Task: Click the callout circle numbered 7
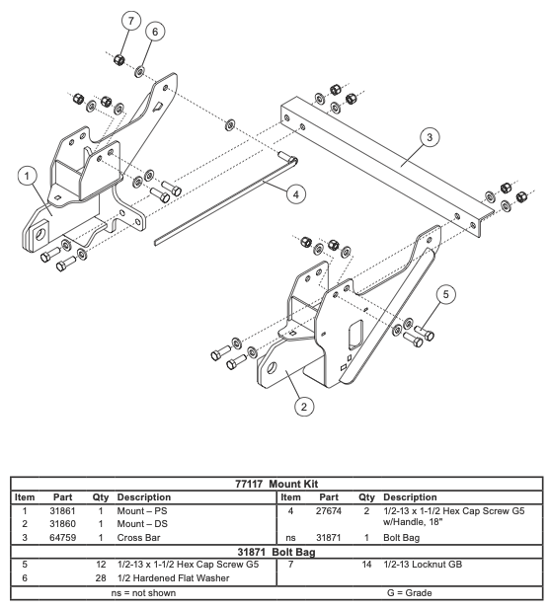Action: coord(130,21)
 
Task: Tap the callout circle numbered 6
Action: coord(155,32)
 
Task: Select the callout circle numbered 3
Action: coord(430,137)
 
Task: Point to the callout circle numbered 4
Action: coord(296,194)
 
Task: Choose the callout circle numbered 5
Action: coord(445,294)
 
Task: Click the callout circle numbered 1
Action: coord(27,177)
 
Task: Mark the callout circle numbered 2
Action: coord(303,407)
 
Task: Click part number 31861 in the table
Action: coord(62,510)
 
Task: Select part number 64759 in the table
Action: coord(62,538)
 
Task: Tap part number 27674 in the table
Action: coord(329,510)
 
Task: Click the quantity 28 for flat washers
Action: coord(101,578)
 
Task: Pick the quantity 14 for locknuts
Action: coord(366,565)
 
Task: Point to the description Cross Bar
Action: coord(138,538)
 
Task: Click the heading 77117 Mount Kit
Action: coord(276,484)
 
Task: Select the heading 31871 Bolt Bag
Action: coord(276,552)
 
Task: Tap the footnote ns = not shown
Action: coord(143,593)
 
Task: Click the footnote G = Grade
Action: coord(410,593)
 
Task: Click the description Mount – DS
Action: coord(142,524)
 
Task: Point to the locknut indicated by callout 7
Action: coord(119,59)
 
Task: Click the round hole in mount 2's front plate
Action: coord(272,367)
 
